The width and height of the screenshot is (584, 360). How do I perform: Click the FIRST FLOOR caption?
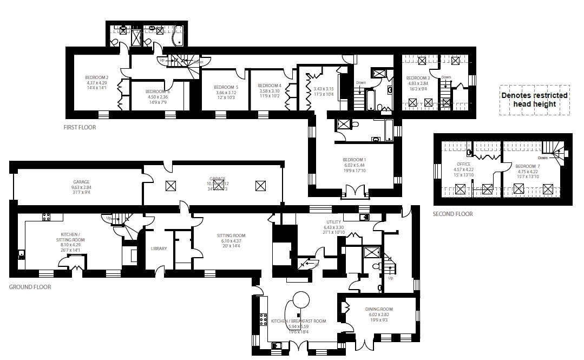coord(80,128)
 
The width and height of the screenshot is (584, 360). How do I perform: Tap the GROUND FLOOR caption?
coord(30,287)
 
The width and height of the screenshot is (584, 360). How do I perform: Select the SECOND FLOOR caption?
coord(452,214)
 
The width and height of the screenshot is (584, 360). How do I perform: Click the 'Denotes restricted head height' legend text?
coord(534,100)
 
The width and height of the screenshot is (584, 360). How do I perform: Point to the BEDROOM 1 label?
coord(355,160)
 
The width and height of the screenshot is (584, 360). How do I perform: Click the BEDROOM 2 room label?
coord(97,77)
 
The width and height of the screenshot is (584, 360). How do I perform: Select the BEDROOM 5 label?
coord(226,87)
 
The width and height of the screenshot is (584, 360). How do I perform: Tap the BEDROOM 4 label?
coord(269,86)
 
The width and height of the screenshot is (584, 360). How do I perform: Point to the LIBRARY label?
coord(159,248)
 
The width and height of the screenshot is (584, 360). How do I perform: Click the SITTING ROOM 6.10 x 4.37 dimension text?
coord(231,241)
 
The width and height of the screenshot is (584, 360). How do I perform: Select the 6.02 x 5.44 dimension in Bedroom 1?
coord(355,166)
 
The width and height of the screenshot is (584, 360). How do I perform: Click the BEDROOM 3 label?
coord(417,77)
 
